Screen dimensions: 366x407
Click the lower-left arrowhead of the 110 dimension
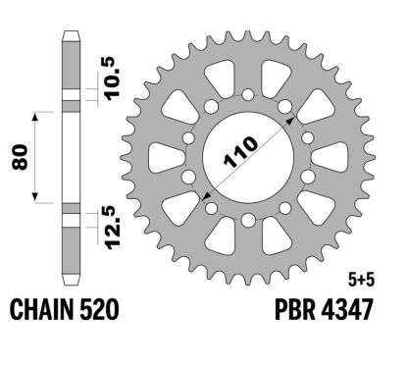tap(209, 195)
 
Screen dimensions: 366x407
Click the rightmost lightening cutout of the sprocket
tap(334, 157)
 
